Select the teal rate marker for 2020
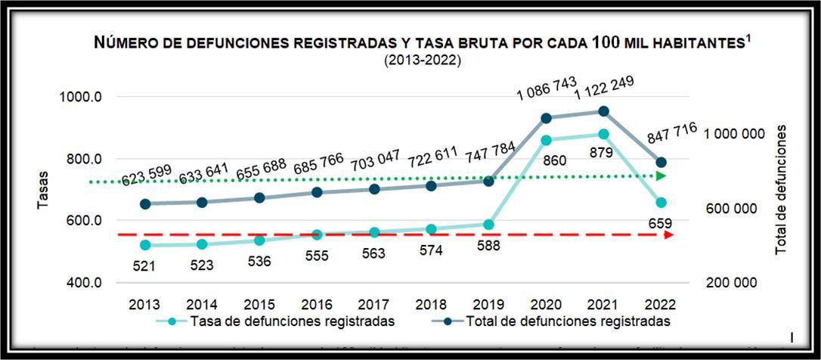[546, 140]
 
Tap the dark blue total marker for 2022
[661, 162]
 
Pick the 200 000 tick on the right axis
[731, 283]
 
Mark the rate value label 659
[661, 223]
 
